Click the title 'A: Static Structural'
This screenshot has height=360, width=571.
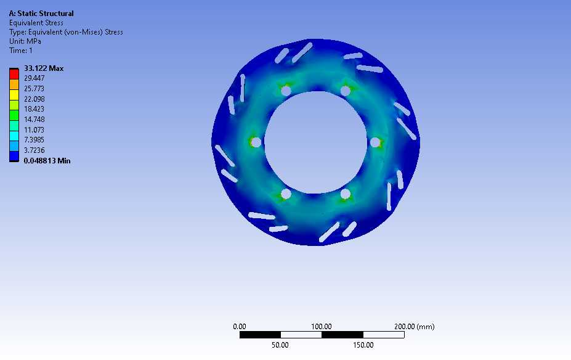41,14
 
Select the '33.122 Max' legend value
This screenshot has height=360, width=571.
44,68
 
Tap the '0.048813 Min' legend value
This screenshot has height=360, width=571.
47,161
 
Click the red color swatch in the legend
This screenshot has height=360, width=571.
14,75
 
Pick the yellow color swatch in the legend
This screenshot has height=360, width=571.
14,95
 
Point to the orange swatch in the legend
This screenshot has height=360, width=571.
14,84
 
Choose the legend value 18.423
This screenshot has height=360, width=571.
34,109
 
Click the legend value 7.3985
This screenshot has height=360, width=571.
34,140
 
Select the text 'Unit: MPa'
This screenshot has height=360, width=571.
25,41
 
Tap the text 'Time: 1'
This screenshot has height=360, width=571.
21,51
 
